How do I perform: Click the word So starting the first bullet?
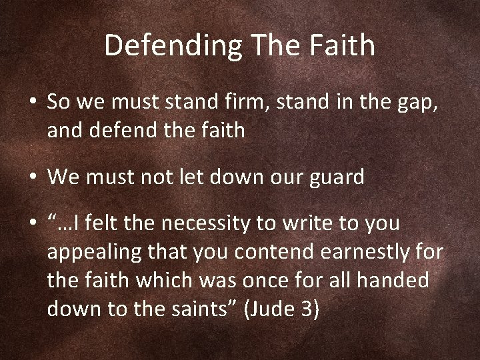pos(57,103)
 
